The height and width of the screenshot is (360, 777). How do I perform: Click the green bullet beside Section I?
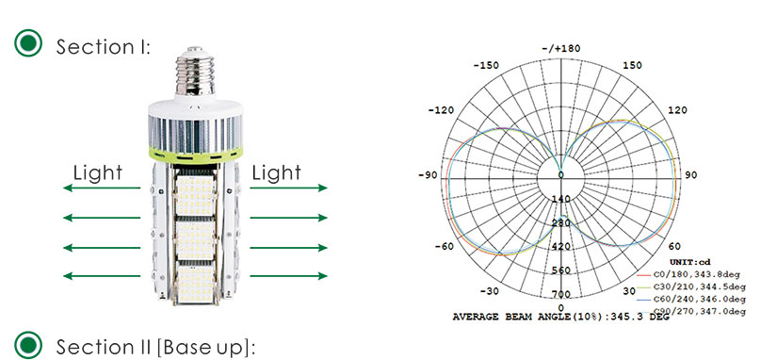click(28, 43)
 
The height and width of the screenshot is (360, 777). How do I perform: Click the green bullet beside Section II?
click(28, 345)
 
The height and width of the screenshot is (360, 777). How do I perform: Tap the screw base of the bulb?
click(195, 71)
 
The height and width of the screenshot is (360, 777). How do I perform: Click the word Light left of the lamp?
click(98, 173)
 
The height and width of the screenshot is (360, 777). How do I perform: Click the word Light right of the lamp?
click(276, 173)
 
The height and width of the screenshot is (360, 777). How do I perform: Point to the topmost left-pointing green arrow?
click(102, 188)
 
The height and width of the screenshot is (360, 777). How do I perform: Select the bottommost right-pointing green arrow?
click(288, 276)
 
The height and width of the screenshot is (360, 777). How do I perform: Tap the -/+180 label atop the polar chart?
click(561, 49)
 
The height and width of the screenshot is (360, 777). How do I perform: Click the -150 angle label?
click(486, 65)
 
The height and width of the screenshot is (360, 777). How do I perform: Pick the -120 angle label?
click(441, 110)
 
